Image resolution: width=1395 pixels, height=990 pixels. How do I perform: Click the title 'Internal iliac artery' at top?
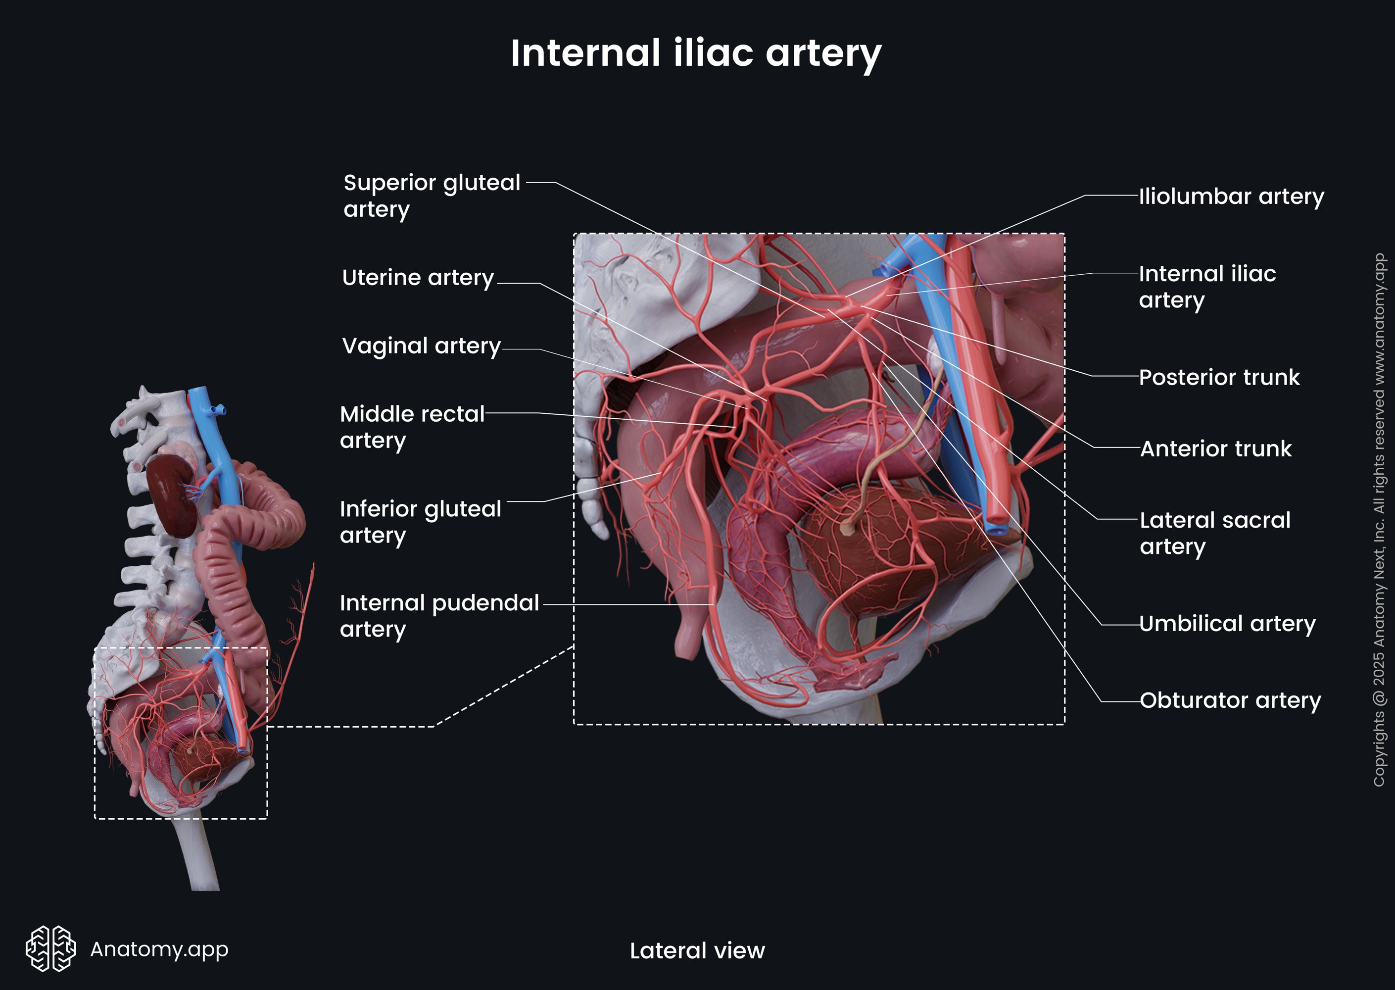(x=695, y=53)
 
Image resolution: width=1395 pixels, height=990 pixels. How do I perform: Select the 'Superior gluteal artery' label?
(x=432, y=195)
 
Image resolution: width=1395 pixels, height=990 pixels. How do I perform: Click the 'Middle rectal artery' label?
(x=412, y=427)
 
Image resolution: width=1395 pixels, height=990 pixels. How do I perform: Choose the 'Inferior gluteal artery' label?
(x=421, y=522)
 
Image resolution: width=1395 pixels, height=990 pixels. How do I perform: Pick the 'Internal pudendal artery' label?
(x=439, y=616)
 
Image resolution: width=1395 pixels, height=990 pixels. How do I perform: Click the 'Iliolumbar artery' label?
(x=1231, y=197)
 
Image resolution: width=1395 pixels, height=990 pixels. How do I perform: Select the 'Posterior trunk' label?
(x=1219, y=377)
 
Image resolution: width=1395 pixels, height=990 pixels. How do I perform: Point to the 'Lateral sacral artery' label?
(x=1214, y=534)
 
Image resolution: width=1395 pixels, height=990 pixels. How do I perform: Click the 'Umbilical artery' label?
(x=1227, y=624)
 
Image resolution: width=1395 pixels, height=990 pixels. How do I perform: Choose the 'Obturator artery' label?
(x=1230, y=700)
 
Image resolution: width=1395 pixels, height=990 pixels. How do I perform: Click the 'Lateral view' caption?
(x=697, y=951)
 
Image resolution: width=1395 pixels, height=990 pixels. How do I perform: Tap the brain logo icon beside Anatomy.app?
(x=50, y=948)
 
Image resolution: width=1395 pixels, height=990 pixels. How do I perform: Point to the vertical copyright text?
(x=1379, y=518)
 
